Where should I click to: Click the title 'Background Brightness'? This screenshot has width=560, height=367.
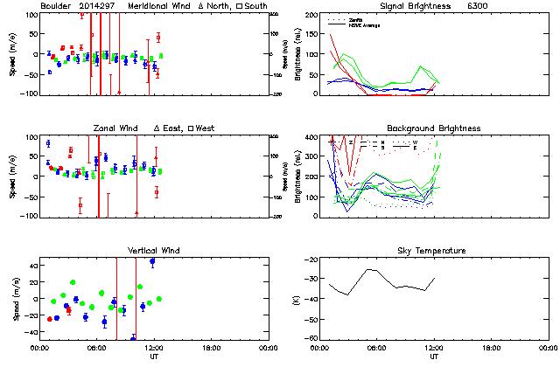pos(431,128)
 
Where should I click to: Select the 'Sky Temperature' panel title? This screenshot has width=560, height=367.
pos(433,251)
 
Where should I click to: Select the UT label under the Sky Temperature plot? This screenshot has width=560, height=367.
pos(433,356)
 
